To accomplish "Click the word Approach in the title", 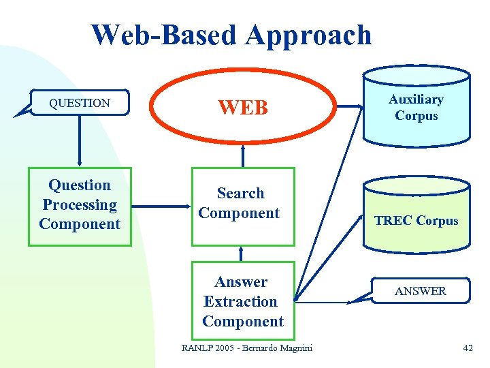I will coord(309,36).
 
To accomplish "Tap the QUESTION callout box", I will coord(80,104).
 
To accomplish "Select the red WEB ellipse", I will coord(243,107).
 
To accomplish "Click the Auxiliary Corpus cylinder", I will coord(416,107).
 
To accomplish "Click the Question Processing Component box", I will coord(80,205).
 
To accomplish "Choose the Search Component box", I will coord(243,205).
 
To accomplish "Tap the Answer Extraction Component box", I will coord(243,301).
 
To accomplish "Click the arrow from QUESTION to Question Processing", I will coord(80,140).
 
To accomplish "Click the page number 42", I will coord(468,348).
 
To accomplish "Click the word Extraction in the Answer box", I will coord(241,301).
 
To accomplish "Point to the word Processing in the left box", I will coord(80,204).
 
